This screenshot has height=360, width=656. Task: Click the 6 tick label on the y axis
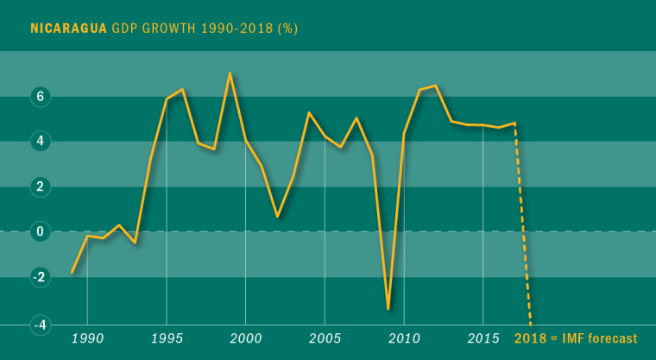tap(38, 98)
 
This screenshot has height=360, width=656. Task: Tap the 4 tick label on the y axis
tap(38, 141)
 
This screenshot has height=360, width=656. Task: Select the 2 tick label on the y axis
tap(38, 186)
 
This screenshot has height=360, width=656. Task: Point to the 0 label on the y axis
tap(38, 231)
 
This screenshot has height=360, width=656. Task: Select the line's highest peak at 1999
tap(230, 73)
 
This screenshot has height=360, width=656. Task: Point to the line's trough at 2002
tap(277, 216)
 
